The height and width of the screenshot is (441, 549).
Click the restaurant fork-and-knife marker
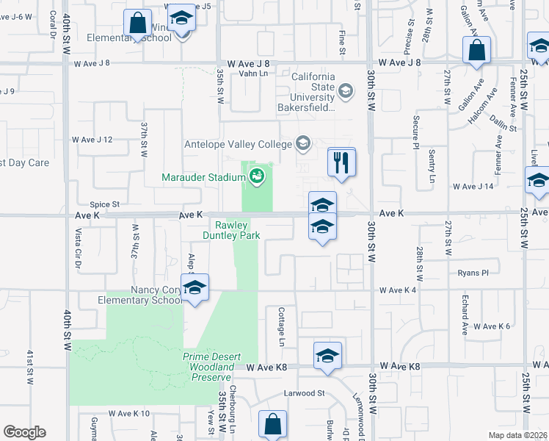pyautogui.click(x=341, y=162)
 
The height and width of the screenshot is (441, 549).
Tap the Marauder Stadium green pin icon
pyautogui.click(x=257, y=176)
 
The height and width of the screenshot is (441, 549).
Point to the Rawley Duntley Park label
pyautogui.click(x=232, y=230)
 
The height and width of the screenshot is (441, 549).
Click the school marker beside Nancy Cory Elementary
pyautogui.click(x=195, y=288)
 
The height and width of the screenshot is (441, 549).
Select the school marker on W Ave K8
pyautogui.click(x=327, y=356)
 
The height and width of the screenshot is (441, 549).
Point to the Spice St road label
pyautogui.click(x=104, y=204)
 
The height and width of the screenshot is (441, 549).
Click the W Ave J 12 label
pyautogui.click(x=92, y=140)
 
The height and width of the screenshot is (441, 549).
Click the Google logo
pyautogui.click(x=25, y=432)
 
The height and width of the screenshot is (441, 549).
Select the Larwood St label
pyautogui.click(x=305, y=393)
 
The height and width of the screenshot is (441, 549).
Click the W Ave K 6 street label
pyautogui.click(x=492, y=326)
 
